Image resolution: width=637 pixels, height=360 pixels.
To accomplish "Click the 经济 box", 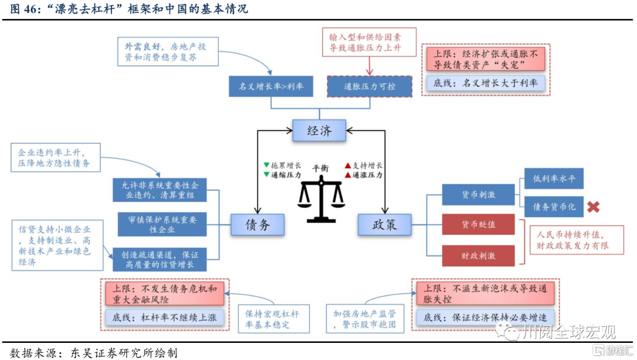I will click(x=319, y=130).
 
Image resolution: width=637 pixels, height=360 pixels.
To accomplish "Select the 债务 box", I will click(x=257, y=224).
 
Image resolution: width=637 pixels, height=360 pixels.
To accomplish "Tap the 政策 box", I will click(x=385, y=224).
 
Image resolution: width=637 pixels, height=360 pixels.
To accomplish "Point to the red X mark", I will click(x=593, y=207).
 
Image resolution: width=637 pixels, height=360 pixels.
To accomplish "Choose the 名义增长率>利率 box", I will click(x=271, y=86).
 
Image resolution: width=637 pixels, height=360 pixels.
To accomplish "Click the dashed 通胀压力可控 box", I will click(x=370, y=86).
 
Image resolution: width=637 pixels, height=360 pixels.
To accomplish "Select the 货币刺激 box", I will click(x=478, y=195).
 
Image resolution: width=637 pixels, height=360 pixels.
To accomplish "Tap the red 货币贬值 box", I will click(x=478, y=225).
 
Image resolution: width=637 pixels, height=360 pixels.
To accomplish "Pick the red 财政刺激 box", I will click(x=478, y=256).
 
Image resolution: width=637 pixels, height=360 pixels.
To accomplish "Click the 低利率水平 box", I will click(x=554, y=179).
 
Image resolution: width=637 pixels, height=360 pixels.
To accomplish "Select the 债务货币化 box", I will click(x=554, y=207).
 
